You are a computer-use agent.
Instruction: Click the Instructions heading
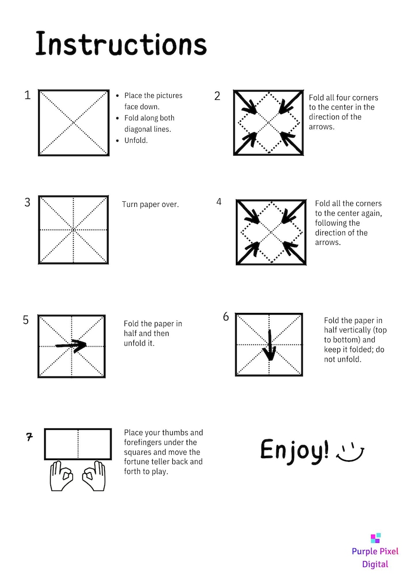[121, 44]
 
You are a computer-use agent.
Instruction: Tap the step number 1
[28, 95]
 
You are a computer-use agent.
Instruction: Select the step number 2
[217, 96]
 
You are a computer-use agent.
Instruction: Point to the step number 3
[28, 202]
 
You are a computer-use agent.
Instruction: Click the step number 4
[219, 202]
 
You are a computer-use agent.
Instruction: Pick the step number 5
[26, 320]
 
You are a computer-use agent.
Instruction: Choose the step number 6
[226, 316]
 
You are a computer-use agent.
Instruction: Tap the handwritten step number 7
[29, 437]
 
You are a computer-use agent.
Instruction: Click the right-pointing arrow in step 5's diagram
[71, 346]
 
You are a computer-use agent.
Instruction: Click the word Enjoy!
[294, 451]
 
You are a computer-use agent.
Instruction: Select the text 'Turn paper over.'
[151, 205]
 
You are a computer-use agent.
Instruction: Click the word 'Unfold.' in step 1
[136, 140]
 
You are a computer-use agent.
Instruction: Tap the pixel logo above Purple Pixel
[375, 538]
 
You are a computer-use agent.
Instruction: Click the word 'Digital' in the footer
[375, 564]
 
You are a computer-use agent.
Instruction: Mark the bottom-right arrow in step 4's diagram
[294, 251]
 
